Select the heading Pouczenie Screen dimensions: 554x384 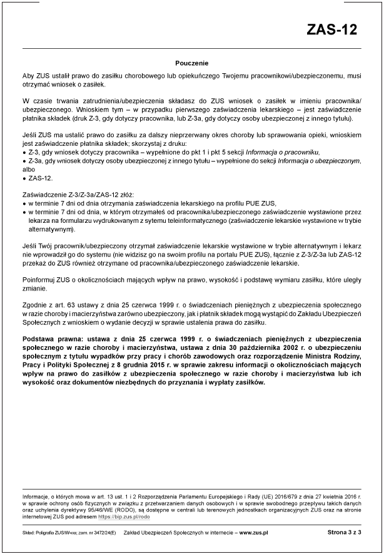point(191,63)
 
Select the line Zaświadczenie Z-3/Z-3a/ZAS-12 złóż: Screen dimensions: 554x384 point(74,195)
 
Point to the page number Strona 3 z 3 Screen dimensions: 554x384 point(345,532)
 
